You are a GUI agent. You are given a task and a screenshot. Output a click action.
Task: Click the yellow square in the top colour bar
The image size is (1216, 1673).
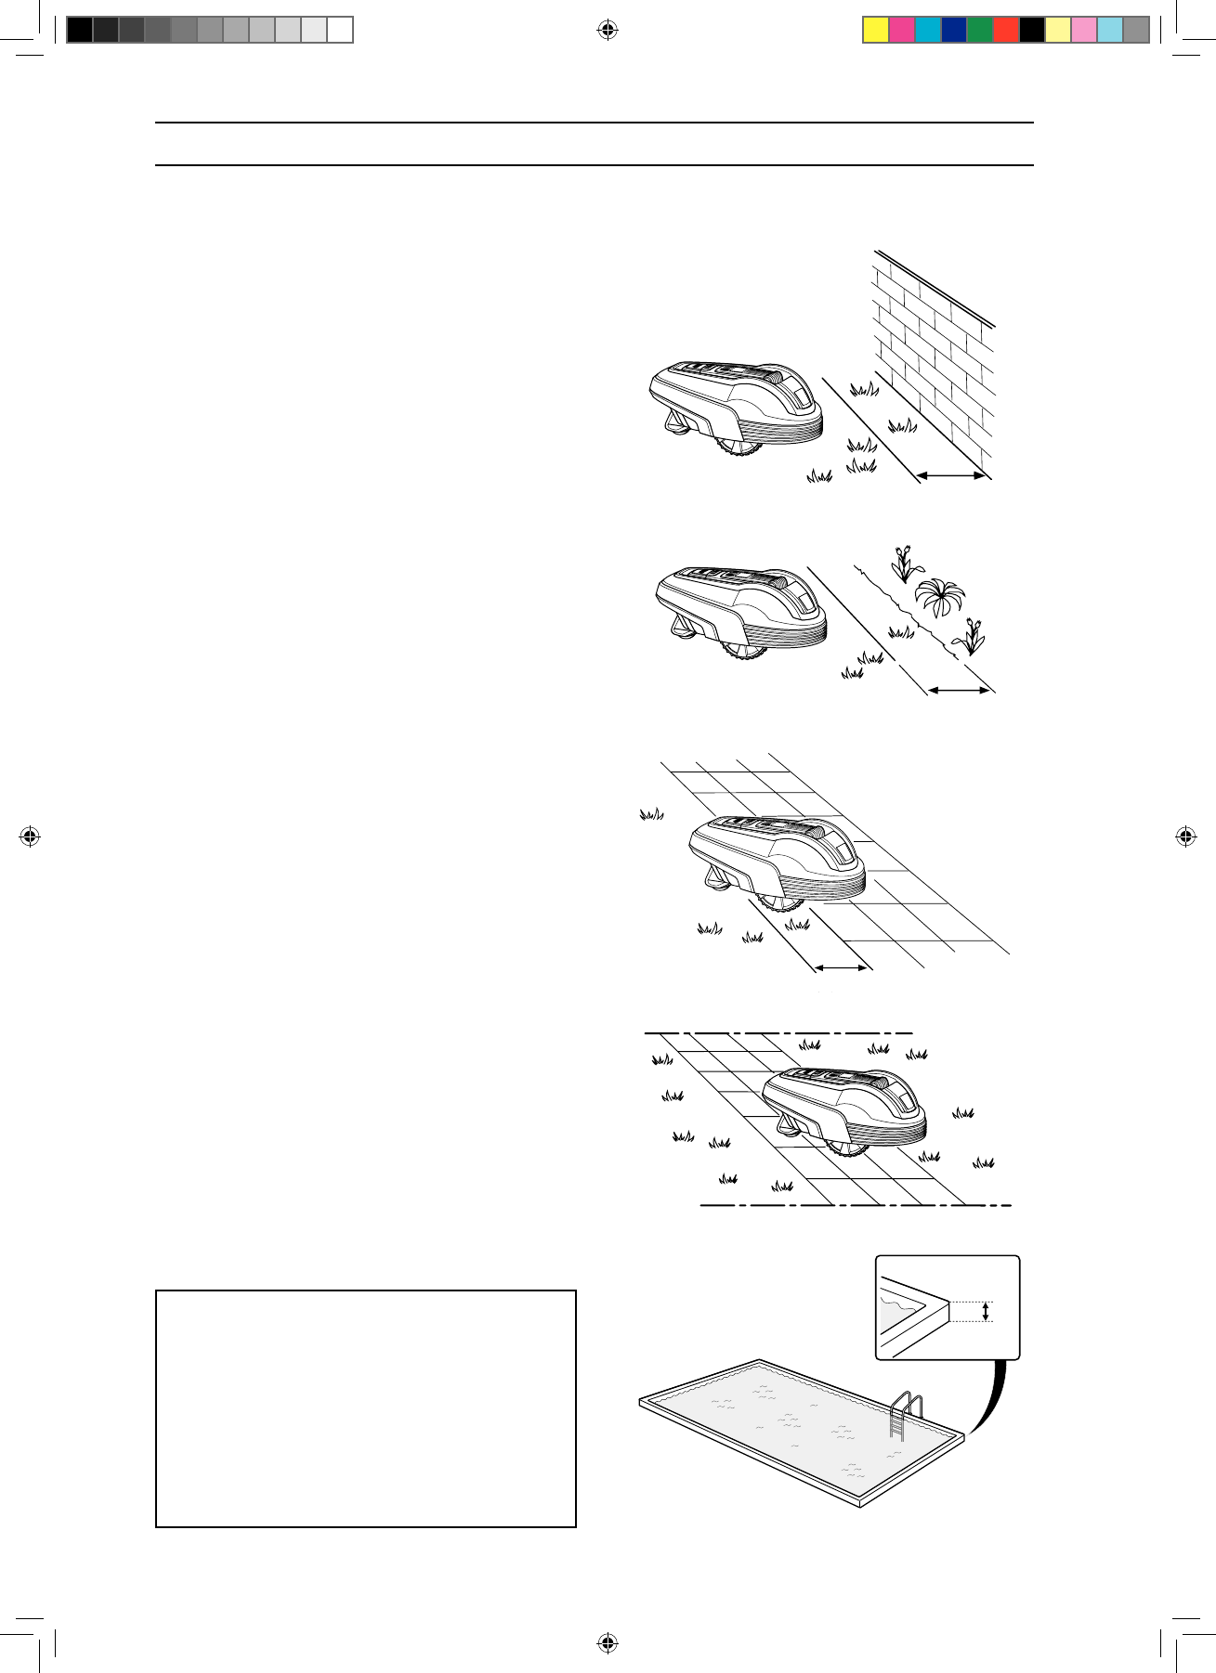tap(876, 30)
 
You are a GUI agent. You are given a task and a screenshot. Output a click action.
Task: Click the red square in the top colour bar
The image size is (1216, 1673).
tap(1006, 30)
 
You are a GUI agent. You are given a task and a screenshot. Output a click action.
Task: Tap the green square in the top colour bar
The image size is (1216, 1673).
tap(980, 30)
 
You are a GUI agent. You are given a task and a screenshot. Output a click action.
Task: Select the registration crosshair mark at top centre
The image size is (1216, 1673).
tap(608, 31)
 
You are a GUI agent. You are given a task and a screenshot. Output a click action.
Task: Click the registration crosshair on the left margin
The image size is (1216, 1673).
tap(30, 836)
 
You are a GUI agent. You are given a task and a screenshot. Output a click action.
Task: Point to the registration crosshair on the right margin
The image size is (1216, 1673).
tap(1186, 836)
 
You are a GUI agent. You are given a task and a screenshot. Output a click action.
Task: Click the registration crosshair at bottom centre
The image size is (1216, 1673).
tap(608, 1642)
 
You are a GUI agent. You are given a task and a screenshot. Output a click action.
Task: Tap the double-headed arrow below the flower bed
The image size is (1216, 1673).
tap(960, 690)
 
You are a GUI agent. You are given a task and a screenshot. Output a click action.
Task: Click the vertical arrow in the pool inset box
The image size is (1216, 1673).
tap(986, 1311)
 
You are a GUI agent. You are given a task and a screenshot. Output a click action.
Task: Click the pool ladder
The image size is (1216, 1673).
tap(905, 1416)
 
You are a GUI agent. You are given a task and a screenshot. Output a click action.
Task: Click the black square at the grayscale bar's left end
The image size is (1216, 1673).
tap(80, 30)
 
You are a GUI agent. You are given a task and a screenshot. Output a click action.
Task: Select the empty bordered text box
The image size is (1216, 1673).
tap(366, 1408)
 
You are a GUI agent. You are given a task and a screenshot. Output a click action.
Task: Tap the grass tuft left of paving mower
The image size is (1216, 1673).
tap(651, 814)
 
